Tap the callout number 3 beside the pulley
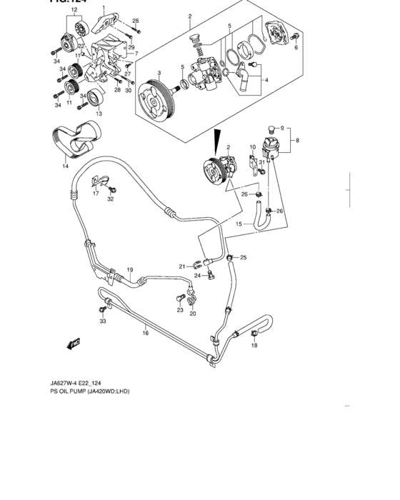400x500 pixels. click(x=159, y=74)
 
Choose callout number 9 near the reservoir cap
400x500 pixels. click(x=281, y=129)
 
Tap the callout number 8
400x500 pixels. click(x=298, y=141)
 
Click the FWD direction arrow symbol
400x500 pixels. click(x=73, y=344)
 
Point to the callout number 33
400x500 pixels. click(x=102, y=322)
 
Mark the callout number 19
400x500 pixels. click(x=131, y=270)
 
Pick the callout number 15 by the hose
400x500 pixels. click(x=239, y=224)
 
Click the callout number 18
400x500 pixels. click(x=254, y=346)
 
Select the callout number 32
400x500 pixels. click(x=111, y=199)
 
